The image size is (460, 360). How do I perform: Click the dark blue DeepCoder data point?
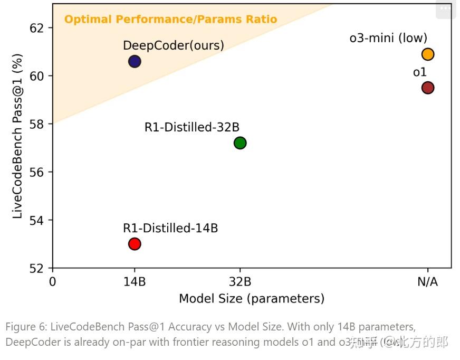click(x=135, y=61)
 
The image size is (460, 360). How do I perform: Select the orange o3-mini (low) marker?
click(x=427, y=54)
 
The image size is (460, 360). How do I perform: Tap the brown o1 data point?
click(x=427, y=88)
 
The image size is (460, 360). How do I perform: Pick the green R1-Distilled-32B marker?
click(x=240, y=143)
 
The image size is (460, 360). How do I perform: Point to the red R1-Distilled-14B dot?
click(x=135, y=244)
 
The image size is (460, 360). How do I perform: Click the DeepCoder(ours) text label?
click(x=173, y=45)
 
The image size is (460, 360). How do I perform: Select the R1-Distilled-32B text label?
click(x=191, y=127)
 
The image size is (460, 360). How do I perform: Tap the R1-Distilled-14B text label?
click(x=170, y=228)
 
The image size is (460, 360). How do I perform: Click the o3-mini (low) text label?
click(x=388, y=38)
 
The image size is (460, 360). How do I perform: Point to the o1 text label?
click(x=419, y=72)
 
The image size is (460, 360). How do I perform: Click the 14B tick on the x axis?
click(x=135, y=281)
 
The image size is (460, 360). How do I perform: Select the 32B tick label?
click(x=240, y=281)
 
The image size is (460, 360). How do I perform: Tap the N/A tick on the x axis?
click(x=427, y=281)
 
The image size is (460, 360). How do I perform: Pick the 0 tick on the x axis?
click(x=53, y=281)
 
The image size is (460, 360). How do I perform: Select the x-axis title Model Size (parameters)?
click(x=251, y=299)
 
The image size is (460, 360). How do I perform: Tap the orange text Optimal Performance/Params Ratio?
click(x=170, y=20)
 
